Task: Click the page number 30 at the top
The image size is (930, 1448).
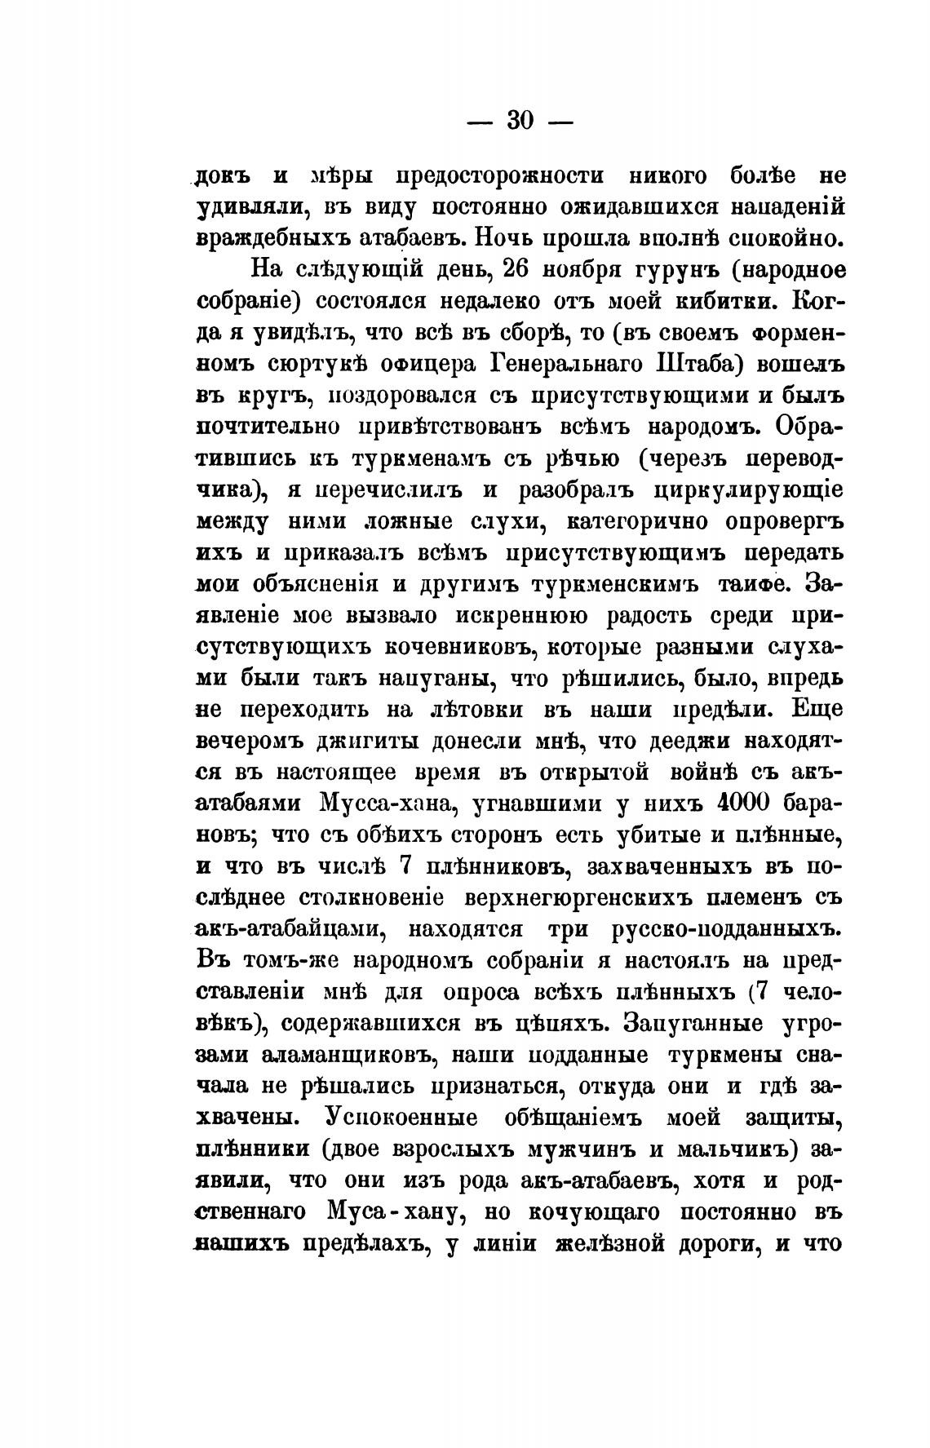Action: click(520, 121)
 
